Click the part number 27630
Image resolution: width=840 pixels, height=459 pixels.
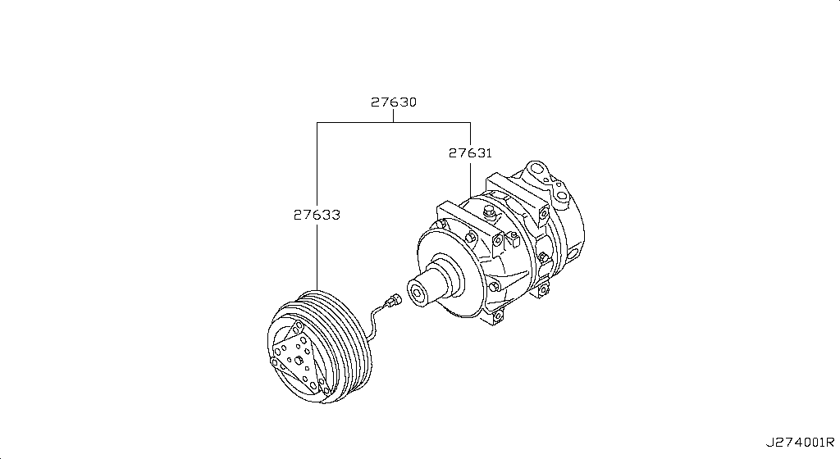[393, 102]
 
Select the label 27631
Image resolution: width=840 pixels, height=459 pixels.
[470, 152]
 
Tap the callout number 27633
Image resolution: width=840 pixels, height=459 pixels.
[317, 215]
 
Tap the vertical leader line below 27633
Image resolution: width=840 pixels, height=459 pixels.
[317, 254]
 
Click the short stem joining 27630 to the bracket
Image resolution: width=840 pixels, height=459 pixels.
[393, 116]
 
